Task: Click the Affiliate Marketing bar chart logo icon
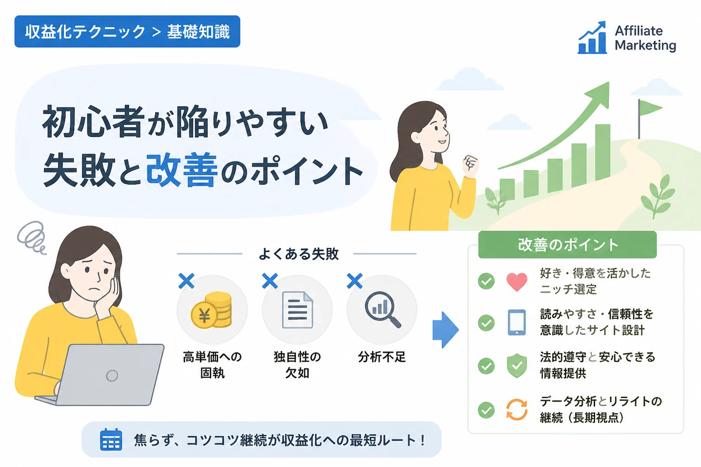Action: pyautogui.click(x=592, y=37)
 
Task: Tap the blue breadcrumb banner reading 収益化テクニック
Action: pyautogui.click(x=127, y=31)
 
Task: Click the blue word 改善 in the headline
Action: pyautogui.click(x=182, y=170)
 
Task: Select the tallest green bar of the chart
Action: pyautogui.click(x=602, y=152)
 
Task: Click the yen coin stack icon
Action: pyautogui.click(x=212, y=309)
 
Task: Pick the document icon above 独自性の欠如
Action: pyautogui.click(x=297, y=310)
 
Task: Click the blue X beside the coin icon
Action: pyautogui.click(x=187, y=280)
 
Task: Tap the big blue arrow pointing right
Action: pyautogui.click(x=445, y=330)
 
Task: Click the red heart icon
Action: pyautogui.click(x=517, y=281)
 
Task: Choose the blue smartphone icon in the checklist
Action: pyautogui.click(x=517, y=322)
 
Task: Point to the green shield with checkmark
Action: pyautogui.click(x=517, y=365)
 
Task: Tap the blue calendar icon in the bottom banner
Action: pyautogui.click(x=111, y=440)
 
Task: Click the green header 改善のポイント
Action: pyautogui.click(x=567, y=244)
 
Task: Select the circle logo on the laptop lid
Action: pyautogui.click(x=112, y=375)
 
